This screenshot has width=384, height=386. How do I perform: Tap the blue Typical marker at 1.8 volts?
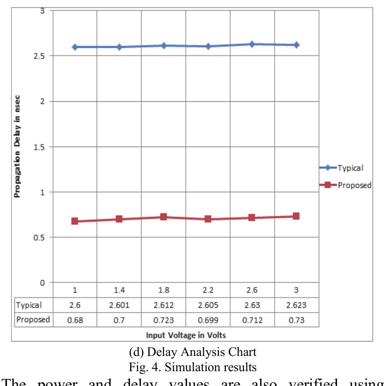point(163,45)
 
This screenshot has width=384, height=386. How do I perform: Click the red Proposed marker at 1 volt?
point(74,221)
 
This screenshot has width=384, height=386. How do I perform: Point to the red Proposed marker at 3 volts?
point(296,216)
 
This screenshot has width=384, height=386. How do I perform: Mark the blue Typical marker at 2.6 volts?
point(252,44)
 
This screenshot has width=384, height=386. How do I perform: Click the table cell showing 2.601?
point(119,305)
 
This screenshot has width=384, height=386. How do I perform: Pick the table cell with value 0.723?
point(163,320)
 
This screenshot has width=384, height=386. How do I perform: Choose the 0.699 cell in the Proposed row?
point(208,320)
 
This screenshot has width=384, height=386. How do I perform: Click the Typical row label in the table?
point(29,305)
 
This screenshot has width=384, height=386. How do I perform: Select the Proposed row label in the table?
point(33,320)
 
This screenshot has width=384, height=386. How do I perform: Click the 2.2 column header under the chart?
point(208,290)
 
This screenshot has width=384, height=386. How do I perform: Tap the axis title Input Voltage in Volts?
point(186,335)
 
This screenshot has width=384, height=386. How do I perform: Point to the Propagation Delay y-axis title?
point(17,147)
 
